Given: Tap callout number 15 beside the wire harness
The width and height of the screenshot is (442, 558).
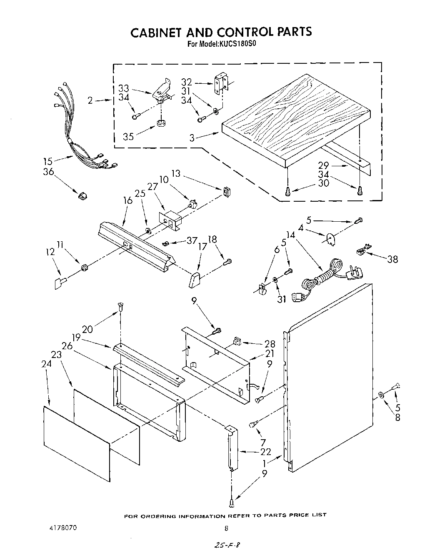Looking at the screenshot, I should point(48,161).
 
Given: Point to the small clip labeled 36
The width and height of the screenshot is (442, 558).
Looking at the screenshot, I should point(82,195).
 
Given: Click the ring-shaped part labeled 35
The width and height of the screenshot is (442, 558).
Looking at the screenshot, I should point(161,123).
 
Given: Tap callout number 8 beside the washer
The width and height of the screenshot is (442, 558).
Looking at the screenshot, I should point(397,417).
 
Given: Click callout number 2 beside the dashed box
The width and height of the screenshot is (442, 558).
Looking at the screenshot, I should point(90,100).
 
